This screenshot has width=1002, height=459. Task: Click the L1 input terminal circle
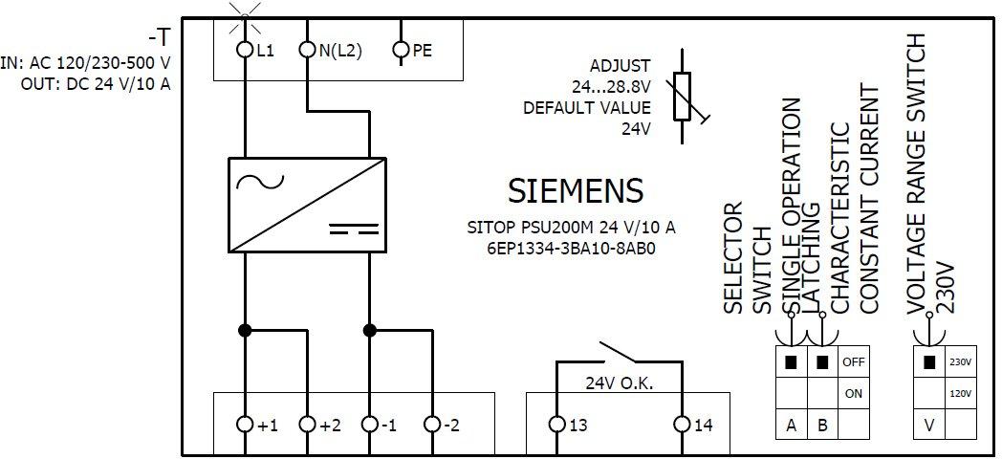(246, 50)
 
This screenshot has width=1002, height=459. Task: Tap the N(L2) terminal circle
(307, 50)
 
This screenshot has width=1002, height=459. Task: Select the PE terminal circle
(402, 50)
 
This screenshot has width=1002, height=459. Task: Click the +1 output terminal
(246, 424)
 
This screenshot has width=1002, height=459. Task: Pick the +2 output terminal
(307, 424)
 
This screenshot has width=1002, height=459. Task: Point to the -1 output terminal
(369, 424)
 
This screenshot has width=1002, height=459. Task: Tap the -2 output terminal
(431, 424)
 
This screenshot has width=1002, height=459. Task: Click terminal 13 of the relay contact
(556, 424)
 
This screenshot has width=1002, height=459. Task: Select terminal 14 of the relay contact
(681, 424)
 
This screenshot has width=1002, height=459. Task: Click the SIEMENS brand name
(575, 191)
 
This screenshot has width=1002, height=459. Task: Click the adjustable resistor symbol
(683, 97)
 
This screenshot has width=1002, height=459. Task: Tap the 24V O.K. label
(619, 383)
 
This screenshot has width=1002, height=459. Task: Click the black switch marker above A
(791, 362)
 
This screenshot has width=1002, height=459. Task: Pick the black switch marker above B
(822, 362)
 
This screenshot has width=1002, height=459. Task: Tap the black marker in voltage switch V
(928, 362)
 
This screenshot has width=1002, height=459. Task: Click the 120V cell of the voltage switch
(960, 393)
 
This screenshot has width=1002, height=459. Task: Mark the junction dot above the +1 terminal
(246, 330)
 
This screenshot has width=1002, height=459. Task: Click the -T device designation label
(160, 37)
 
